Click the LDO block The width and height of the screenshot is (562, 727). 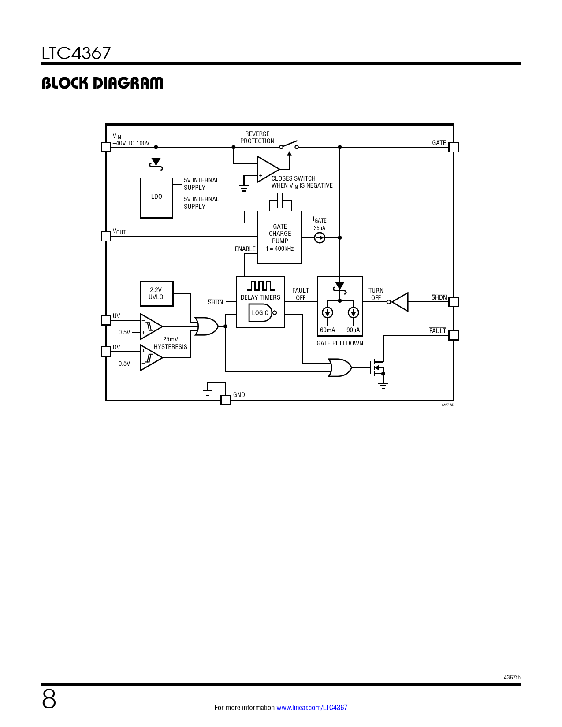(156, 198)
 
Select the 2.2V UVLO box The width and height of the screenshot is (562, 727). (156, 294)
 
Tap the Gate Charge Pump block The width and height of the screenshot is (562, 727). (279, 237)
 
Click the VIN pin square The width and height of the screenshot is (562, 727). (106, 147)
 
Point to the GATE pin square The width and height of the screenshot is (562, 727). (453, 147)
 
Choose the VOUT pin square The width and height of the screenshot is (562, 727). (106, 236)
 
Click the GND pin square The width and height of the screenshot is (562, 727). (226, 400)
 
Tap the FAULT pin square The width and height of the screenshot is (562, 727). (453, 335)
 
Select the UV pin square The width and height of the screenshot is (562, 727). (106, 320)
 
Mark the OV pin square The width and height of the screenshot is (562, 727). (106, 351)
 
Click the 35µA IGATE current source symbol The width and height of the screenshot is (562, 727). (320, 238)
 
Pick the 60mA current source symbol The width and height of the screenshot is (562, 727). (328, 313)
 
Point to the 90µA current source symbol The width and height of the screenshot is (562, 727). (353, 313)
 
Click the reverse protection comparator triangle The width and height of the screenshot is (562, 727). (268, 169)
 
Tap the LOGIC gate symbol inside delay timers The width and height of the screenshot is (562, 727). (262, 313)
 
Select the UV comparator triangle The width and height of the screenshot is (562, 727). (151, 326)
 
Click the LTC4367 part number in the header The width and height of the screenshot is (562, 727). (76, 53)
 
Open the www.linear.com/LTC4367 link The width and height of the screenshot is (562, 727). (312, 708)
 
